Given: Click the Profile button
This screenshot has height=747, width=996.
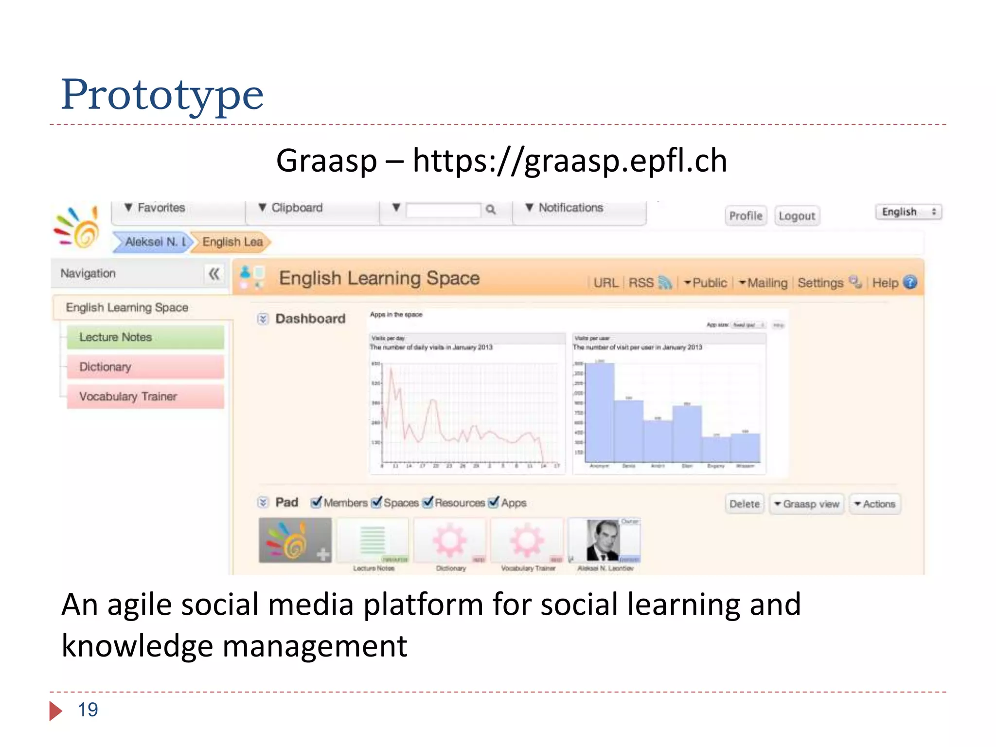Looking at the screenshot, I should tap(746, 216).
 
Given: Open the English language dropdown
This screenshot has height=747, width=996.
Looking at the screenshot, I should tap(908, 212).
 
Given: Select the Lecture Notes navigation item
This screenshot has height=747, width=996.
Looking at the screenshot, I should tap(145, 337).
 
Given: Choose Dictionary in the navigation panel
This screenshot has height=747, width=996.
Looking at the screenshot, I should tap(145, 367).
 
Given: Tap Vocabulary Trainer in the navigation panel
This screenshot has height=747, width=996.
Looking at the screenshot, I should tap(145, 396).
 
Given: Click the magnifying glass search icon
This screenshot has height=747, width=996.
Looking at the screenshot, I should tap(491, 210).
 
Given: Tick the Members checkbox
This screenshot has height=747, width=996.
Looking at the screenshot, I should tap(317, 502).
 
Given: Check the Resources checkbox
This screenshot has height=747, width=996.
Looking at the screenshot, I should tap(428, 502).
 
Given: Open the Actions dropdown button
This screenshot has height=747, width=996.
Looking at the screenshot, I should tap(875, 504).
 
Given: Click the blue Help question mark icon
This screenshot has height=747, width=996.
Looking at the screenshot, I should tap(909, 283).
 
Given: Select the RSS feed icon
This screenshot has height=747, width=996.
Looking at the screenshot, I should tap(664, 283).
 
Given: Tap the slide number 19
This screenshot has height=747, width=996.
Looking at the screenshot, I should tap(88, 710).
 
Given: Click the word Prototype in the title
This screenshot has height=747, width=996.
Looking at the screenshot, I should tap(162, 94).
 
